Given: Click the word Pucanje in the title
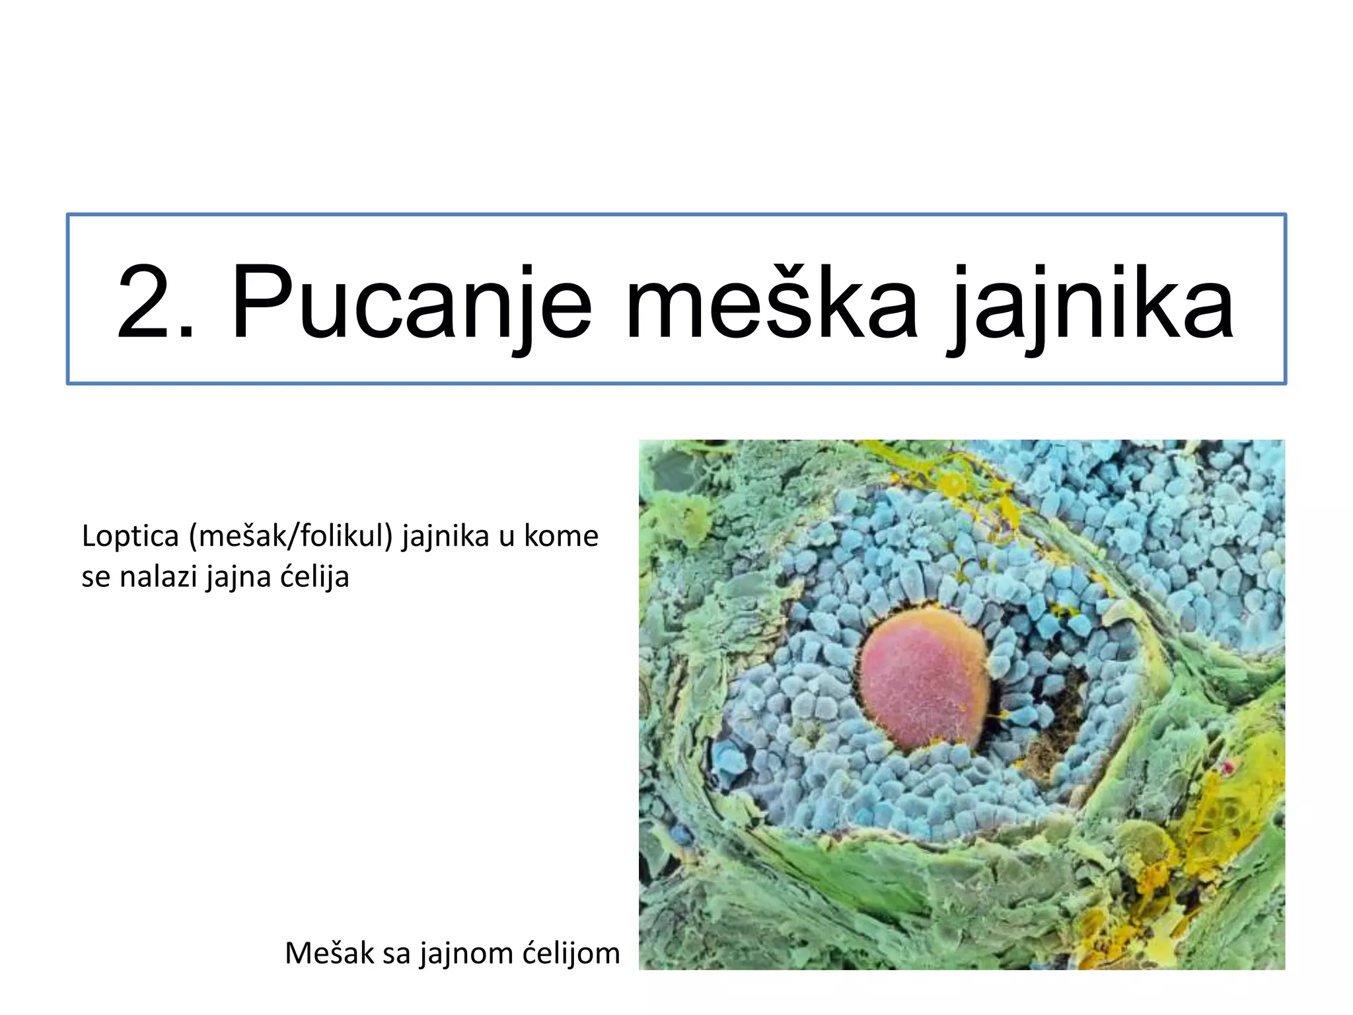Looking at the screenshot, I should click(x=410, y=303).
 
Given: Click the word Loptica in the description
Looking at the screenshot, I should click(x=130, y=536).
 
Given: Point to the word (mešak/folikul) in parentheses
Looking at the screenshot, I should click(x=291, y=536).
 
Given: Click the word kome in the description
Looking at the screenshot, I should click(x=561, y=536).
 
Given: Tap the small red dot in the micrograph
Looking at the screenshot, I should click(x=1228, y=767).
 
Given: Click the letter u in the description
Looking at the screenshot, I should click(x=507, y=537).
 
